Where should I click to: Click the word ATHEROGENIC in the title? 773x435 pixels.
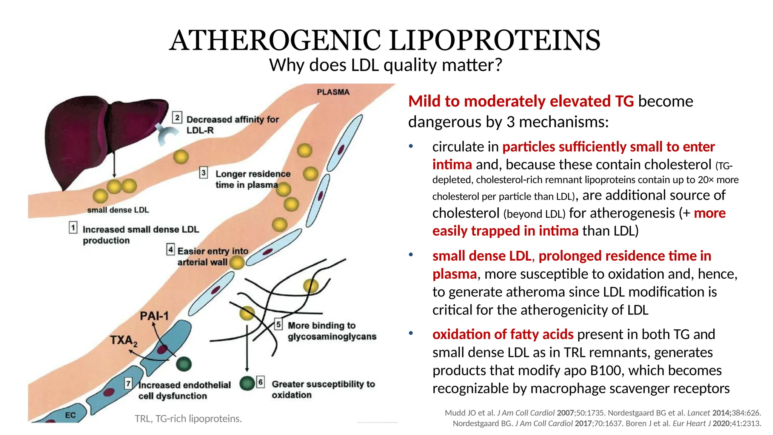276,40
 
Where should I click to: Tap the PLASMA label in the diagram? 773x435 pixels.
333,92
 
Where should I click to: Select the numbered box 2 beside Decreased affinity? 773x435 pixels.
177,117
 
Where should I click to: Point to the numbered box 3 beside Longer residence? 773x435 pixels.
203,173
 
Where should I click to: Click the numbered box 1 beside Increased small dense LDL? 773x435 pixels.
73,228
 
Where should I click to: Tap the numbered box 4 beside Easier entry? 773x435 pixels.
171,250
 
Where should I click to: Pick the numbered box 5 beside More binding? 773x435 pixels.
278,324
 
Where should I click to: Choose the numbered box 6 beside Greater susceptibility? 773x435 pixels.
260,382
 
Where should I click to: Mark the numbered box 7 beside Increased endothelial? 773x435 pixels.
129,384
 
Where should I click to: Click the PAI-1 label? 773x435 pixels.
154,316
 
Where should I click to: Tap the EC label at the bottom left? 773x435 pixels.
70,415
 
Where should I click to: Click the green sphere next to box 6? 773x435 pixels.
247,383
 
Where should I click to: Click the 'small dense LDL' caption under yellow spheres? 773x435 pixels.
118,210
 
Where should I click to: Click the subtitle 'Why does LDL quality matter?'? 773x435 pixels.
385,65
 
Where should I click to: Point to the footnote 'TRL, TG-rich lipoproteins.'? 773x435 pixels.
188,419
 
